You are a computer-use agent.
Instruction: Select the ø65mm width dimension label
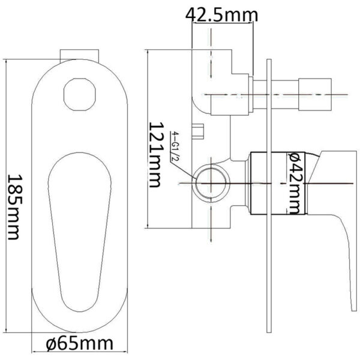pyautogui.click(x=80, y=344)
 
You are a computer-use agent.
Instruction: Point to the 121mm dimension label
pyautogui.click(x=158, y=155)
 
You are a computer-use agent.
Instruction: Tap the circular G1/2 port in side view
pyautogui.click(x=209, y=181)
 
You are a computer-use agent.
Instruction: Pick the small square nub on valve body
pyautogui.click(x=198, y=127)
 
